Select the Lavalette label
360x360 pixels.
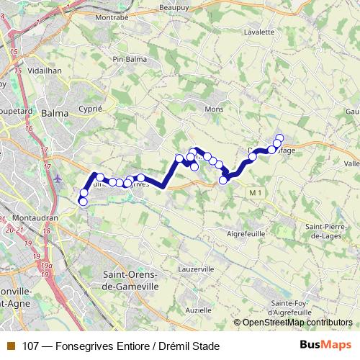(260, 32)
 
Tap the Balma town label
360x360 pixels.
(55, 113)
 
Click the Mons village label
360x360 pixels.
(215, 108)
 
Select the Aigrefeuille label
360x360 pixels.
(246, 234)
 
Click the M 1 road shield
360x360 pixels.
(253, 193)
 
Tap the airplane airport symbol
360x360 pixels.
(58, 177)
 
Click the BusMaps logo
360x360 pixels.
(325, 346)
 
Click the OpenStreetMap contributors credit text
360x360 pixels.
(297, 323)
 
